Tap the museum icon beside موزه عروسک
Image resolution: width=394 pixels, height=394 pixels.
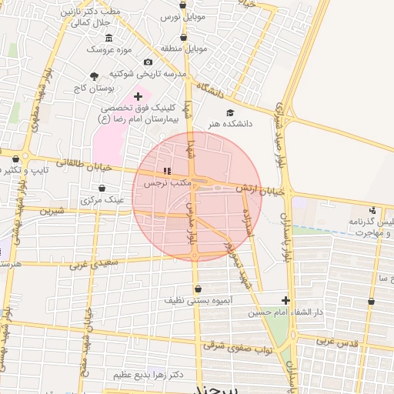pos(109,38)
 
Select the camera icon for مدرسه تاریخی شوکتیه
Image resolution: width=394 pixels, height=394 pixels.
pos(148,62)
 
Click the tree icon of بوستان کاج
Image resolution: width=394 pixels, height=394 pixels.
pos(94,76)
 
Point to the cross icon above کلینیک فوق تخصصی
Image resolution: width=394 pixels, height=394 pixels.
pos(138,96)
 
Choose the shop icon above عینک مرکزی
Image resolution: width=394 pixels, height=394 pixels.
pos(102,188)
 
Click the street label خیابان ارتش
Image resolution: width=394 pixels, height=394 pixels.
pos(262,189)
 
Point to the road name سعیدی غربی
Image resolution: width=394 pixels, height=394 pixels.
pos(92,265)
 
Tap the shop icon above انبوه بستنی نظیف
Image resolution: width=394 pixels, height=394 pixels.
pos(199,289)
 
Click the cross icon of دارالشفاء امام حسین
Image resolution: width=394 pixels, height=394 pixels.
pos(285,301)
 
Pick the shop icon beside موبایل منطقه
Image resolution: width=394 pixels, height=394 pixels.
pos(183,36)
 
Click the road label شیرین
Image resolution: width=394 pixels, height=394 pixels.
pos(52,210)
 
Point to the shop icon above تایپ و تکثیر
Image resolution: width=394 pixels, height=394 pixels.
pos(15,159)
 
